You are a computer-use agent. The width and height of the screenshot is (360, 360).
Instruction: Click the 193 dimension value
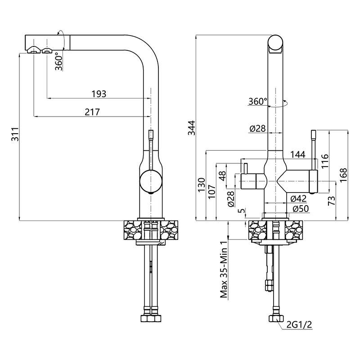click(x=99, y=94)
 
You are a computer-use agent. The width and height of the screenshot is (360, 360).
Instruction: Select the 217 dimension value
click(x=92, y=112)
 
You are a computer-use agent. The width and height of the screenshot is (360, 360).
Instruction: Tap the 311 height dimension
click(x=15, y=134)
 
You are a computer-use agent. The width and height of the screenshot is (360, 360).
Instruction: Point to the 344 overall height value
click(x=192, y=128)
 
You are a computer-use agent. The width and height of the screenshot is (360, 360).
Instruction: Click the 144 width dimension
click(x=298, y=154)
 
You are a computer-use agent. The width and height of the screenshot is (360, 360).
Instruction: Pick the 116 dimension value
click(x=325, y=161)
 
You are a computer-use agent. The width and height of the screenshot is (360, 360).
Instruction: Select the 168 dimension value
click(x=343, y=175)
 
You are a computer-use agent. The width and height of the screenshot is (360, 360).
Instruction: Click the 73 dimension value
click(x=332, y=201)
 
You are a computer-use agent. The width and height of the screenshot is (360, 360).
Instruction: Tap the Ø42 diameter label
click(x=298, y=198)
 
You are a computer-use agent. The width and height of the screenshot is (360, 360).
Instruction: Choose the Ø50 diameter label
click(x=301, y=209)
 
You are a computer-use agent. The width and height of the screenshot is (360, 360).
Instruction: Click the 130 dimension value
click(x=201, y=185)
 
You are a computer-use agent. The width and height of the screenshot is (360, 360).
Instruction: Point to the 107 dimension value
click(x=212, y=191)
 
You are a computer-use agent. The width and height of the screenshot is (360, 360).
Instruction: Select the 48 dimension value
click(x=223, y=176)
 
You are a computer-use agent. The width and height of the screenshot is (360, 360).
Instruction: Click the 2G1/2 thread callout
click(x=299, y=324)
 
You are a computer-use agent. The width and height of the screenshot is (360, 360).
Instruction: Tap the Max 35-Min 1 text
click(x=224, y=270)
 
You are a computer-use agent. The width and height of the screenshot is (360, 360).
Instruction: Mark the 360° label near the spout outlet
click(x=59, y=61)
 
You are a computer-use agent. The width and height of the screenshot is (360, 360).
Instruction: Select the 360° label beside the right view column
click(x=258, y=101)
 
